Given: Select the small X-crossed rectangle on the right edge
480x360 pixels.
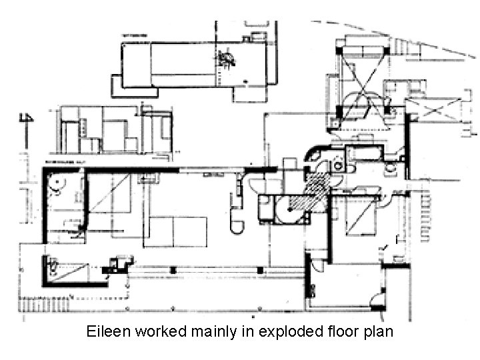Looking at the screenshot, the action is [x=434, y=108].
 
